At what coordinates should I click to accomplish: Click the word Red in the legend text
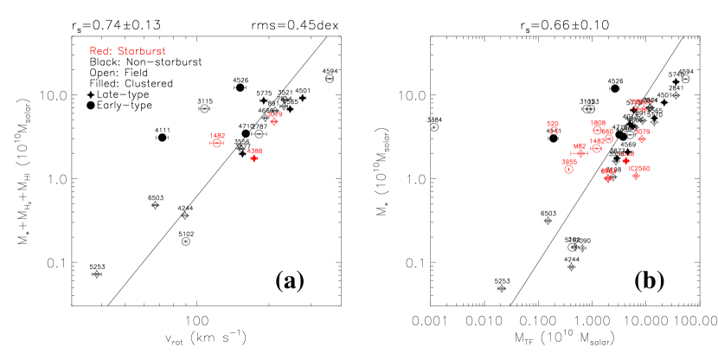point(99,51)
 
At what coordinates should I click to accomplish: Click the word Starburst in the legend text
point(141,51)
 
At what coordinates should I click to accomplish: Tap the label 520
point(552,124)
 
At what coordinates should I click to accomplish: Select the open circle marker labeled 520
point(555,131)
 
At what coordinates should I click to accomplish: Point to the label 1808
point(598,123)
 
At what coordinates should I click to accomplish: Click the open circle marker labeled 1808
point(597,130)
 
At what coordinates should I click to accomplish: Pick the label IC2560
point(640,168)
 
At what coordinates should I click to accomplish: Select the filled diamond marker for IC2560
point(637,176)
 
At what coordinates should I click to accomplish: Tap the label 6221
point(608,170)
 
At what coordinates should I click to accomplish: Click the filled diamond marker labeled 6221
point(608,178)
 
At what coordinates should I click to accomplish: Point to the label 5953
point(569,161)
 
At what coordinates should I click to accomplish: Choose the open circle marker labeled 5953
point(568,169)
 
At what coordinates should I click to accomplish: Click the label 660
point(580,146)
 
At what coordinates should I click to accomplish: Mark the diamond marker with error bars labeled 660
point(581,153)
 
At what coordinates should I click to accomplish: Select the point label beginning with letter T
point(640,101)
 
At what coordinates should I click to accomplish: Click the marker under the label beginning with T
point(641,109)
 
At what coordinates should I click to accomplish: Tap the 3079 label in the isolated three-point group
point(274,114)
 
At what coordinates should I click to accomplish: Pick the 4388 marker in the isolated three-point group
point(254,158)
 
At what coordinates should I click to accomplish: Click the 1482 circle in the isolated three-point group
point(217,143)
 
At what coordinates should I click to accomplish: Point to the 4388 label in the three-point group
point(254,151)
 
